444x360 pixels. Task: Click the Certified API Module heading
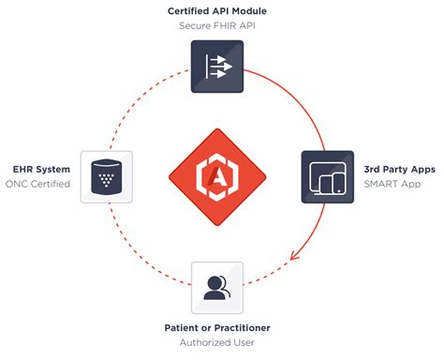click(216, 10)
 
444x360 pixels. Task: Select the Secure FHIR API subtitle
click(216, 26)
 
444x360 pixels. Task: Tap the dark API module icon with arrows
click(217, 68)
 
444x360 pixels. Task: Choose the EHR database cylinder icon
click(105, 176)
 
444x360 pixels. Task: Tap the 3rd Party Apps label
click(398, 169)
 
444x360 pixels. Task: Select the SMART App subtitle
click(392, 184)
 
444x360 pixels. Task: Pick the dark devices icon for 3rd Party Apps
click(327, 176)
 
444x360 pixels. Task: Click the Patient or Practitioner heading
click(217, 328)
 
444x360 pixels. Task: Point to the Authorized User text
click(217, 344)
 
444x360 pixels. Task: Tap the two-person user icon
click(217, 287)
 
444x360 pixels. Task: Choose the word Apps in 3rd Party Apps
click(420, 169)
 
